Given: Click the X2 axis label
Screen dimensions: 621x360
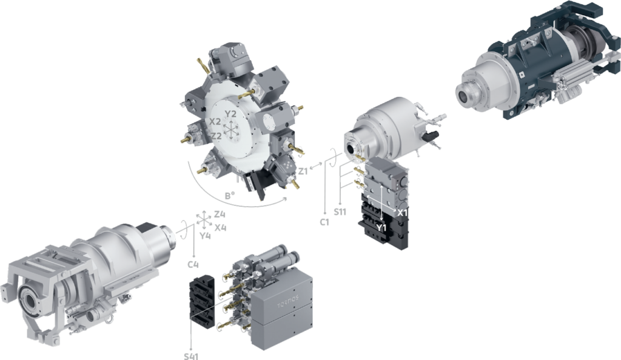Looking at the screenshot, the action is point(215,122).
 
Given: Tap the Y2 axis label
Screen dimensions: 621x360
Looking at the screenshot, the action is point(230,114).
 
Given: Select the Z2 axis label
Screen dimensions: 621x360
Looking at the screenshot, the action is point(217,136).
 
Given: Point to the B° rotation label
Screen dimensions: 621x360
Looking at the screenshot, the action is point(230,195).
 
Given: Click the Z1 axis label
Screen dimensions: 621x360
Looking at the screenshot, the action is point(303,172).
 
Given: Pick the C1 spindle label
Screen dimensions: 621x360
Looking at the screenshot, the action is point(324,222).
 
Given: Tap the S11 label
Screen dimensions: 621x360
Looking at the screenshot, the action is point(340,212).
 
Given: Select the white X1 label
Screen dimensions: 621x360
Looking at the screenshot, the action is point(403,213).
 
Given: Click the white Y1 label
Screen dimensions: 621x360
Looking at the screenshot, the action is point(381,228).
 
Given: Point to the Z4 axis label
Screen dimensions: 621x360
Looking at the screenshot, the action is point(220,215).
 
